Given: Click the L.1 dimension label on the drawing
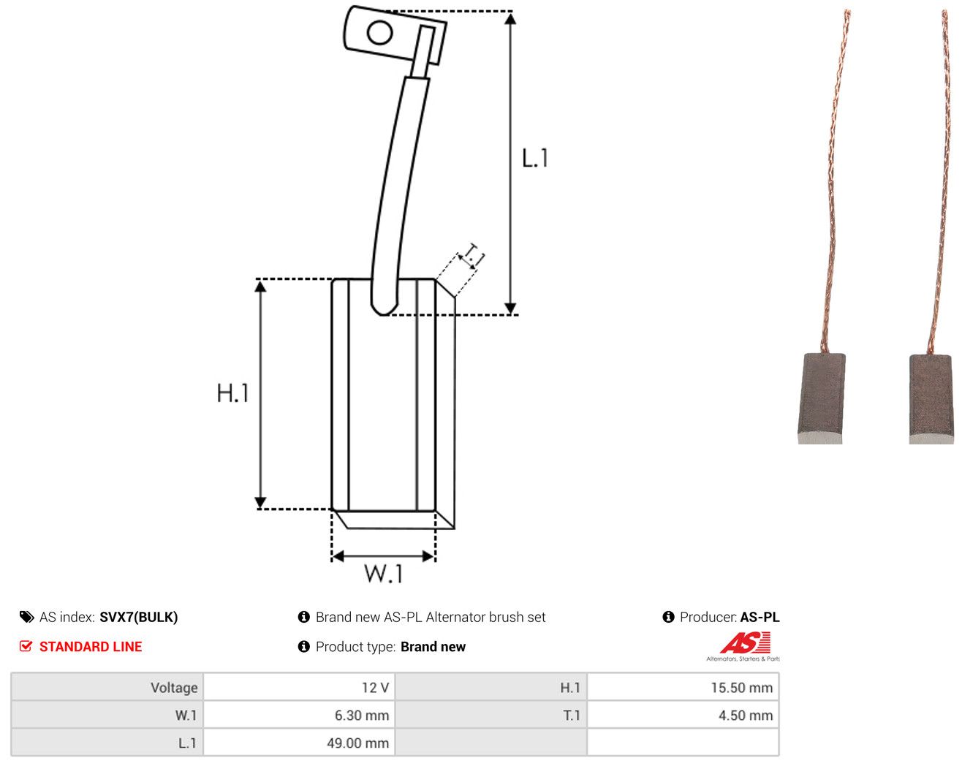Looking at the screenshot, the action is pyautogui.click(x=535, y=158).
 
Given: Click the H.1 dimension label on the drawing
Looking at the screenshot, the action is pyautogui.click(x=232, y=393).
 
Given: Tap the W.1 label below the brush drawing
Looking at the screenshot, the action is pyautogui.click(x=384, y=574).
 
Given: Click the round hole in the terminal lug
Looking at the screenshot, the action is pyautogui.click(x=379, y=33).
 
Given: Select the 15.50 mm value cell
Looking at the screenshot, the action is pyautogui.click(x=683, y=687).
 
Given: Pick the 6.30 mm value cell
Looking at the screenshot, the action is pyautogui.click(x=298, y=715).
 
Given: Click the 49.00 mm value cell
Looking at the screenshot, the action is pyautogui.click(x=298, y=743).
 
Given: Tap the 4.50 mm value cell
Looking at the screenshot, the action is pyautogui.click(x=683, y=715).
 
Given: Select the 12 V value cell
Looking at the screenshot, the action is pyautogui.click(x=298, y=687).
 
